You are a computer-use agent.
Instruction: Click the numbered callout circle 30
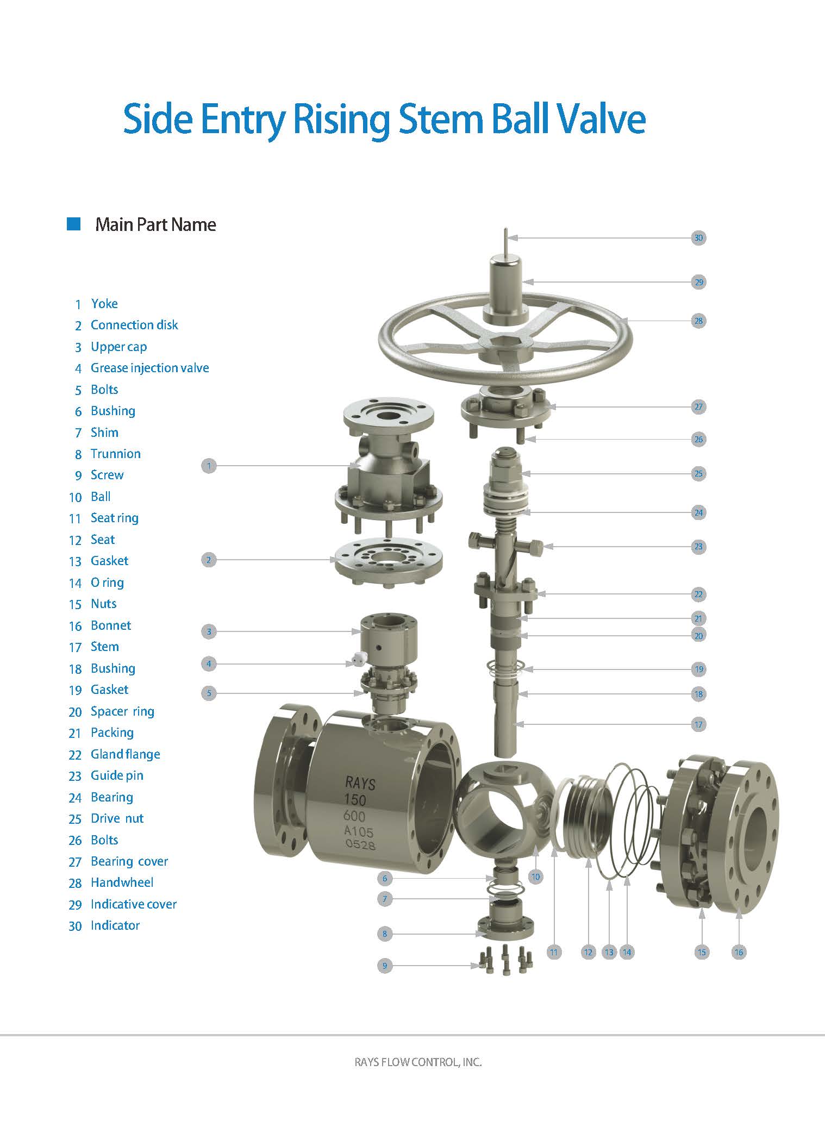coord(698,237)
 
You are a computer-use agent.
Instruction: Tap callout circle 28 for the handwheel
coord(698,321)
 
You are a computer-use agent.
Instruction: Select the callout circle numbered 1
coord(209,465)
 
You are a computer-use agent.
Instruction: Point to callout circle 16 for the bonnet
coord(739,951)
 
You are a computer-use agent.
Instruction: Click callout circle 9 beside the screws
coord(385,966)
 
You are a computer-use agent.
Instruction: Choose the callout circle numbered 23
coord(698,547)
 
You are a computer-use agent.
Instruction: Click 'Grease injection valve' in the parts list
coord(150,368)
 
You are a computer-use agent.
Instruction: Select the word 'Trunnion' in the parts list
coord(116,454)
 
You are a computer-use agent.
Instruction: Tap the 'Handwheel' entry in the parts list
coord(122,882)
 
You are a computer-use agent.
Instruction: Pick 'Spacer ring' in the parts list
coord(123,711)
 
